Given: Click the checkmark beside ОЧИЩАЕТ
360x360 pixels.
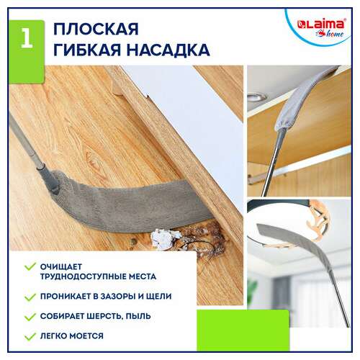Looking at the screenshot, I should [30, 266].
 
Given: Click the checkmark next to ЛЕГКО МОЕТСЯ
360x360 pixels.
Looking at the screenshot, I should [30, 336].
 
